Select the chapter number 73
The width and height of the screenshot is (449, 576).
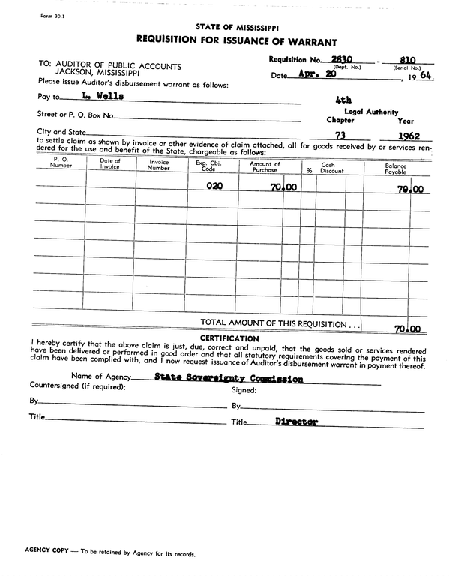(x=340, y=136)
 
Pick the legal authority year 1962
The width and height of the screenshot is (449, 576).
(x=408, y=136)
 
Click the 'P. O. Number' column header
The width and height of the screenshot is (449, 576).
(x=61, y=165)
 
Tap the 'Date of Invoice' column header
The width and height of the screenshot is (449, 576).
(x=110, y=165)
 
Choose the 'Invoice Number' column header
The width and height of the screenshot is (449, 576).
(x=159, y=165)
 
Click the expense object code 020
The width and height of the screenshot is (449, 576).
(x=214, y=188)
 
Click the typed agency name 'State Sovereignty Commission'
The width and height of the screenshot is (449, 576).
(x=229, y=379)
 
